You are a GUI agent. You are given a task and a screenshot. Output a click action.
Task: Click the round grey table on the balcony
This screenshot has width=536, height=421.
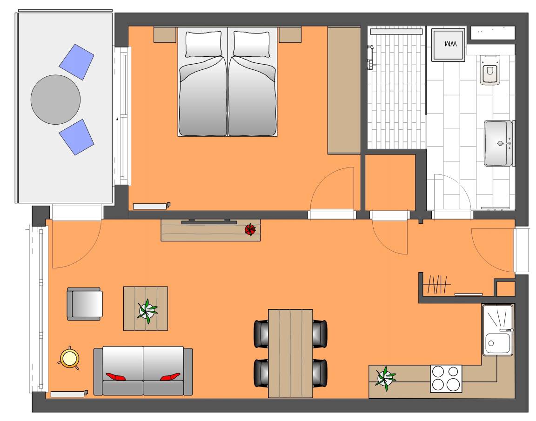[x=55, y=100]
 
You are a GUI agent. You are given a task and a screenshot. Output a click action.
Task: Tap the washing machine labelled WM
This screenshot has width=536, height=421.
[x=448, y=45]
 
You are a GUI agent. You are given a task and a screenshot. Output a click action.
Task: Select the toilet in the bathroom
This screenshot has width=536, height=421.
[x=490, y=70]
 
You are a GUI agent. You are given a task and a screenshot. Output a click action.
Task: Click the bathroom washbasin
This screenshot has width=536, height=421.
[x=499, y=143]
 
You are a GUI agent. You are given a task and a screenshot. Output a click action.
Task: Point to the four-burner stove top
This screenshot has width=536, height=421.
[x=446, y=378]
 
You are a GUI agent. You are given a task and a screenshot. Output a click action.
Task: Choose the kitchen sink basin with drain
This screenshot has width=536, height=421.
[x=498, y=344]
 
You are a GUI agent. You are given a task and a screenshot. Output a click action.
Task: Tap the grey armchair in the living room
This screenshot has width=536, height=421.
[x=84, y=304]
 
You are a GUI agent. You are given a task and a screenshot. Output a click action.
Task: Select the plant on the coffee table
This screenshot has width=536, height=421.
[x=147, y=311]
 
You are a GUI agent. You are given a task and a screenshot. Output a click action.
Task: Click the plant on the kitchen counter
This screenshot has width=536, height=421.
[x=385, y=378]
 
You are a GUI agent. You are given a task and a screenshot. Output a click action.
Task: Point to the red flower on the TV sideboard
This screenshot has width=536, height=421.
[x=250, y=230]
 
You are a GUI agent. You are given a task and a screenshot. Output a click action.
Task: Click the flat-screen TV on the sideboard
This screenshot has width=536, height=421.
[x=209, y=221]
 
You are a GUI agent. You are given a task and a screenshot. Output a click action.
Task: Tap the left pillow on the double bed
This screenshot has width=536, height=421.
[x=203, y=44]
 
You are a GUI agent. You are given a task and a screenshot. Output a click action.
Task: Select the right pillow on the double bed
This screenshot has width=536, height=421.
[x=251, y=44]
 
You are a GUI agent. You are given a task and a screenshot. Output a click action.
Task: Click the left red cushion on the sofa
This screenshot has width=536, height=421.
[x=115, y=377]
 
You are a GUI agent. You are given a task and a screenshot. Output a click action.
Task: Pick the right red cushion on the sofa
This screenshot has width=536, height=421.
[x=170, y=377]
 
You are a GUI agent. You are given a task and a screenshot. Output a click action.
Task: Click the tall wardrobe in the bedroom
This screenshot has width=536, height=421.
[x=344, y=90]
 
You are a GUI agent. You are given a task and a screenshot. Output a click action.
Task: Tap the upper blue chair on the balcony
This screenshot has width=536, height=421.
[x=77, y=62]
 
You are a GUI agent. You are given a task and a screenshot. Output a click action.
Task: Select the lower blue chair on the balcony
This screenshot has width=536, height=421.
[x=77, y=137]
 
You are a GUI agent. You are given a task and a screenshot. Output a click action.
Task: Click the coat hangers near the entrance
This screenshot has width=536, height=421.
[x=436, y=284]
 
